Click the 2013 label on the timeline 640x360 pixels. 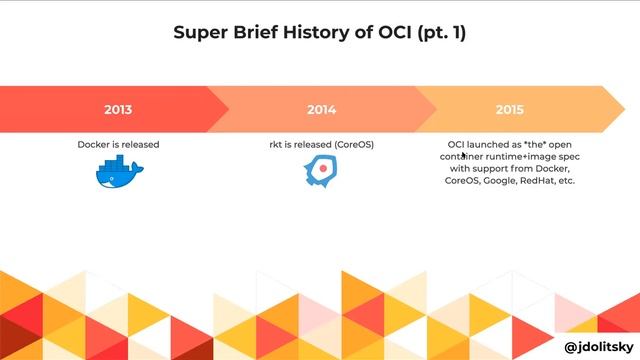tap(118, 109)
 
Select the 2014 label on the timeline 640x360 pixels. tap(321, 109)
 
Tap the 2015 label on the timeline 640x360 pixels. tap(509, 109)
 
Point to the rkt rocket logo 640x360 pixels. tap(319, 173)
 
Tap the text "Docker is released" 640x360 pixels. tap(118, 144)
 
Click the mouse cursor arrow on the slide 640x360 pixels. tap(463, 157)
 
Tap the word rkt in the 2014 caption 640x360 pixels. tap(277, 144)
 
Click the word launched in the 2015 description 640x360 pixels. tap(483, 144)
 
